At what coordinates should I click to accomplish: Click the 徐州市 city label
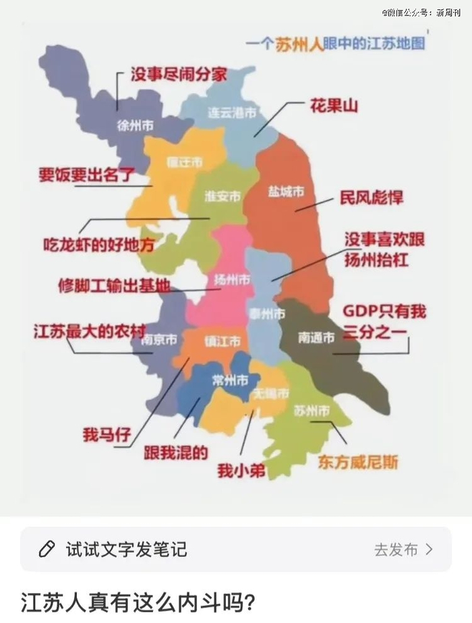[135, 126]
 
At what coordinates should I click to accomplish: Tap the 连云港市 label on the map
[231, 113]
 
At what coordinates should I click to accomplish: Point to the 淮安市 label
[223, 197]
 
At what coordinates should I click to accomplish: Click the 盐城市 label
[285, 192]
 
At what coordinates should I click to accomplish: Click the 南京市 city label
[159, 340]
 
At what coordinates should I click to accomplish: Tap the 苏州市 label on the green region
[312, 411]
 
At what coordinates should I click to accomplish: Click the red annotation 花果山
[333, 106]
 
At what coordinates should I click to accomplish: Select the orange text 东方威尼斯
[358, 462]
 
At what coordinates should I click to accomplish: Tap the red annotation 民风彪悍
[371, 198]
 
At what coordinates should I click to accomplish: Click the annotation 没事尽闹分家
[178, 75]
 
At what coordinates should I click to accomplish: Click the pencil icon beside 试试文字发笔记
[47, 550]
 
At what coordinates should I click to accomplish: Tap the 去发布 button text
[396, 550]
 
